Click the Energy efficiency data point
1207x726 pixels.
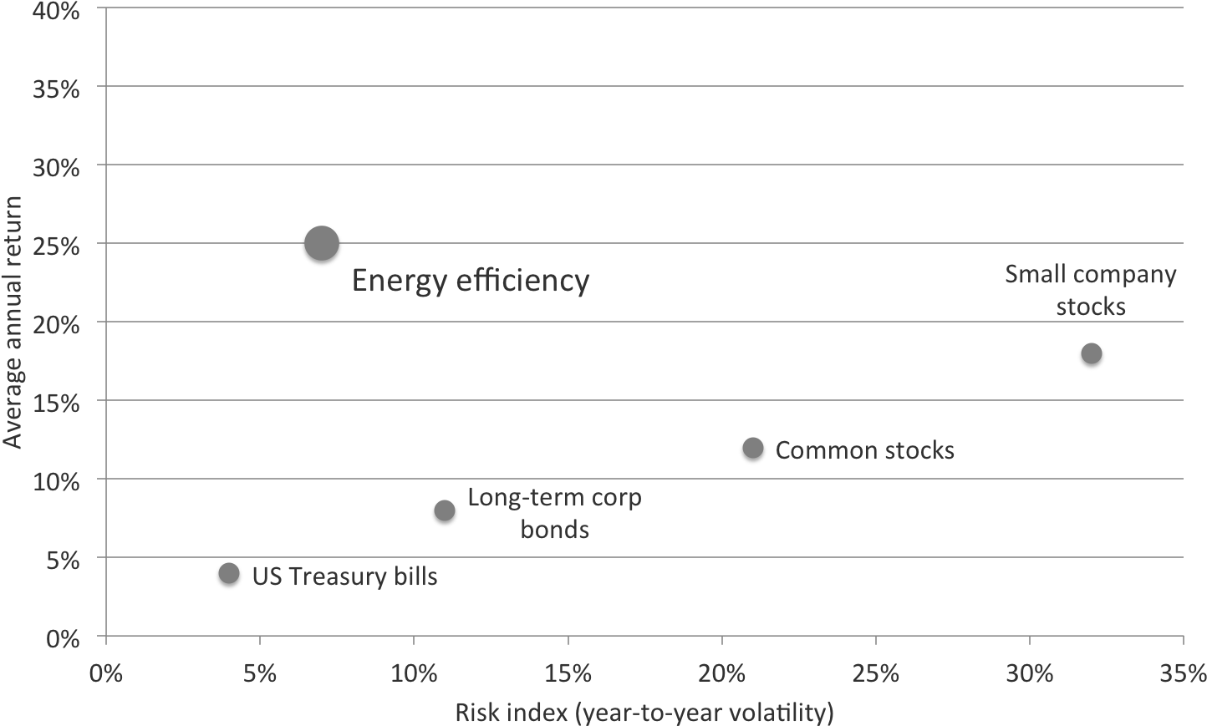pos(322,244)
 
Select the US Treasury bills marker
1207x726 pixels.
pos(229,574)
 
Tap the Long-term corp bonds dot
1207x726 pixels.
pos(445,510)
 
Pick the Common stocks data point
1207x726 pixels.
pos(753,448)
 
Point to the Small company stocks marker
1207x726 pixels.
pos(1092,353)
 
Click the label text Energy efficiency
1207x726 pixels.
pos(471,281)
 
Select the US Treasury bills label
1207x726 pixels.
pos(344,576)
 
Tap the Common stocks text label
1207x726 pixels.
pos(864,450)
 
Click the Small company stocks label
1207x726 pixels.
pos(1091,290)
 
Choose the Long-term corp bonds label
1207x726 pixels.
pos(554,513)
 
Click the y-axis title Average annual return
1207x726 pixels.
pos(13,322)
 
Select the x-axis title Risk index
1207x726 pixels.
pos(644,713)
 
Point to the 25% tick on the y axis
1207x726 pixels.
pos(56,246)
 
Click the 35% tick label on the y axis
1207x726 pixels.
pos(56,89)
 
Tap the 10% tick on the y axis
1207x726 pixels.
pos(56,482)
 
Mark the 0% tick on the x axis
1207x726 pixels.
pos(106,673)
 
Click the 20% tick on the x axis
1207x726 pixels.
pos(722,673)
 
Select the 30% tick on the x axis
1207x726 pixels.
pos(1030,673)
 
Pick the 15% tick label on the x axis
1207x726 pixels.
pos(568,673)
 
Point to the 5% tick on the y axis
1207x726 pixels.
pos(64,561)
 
